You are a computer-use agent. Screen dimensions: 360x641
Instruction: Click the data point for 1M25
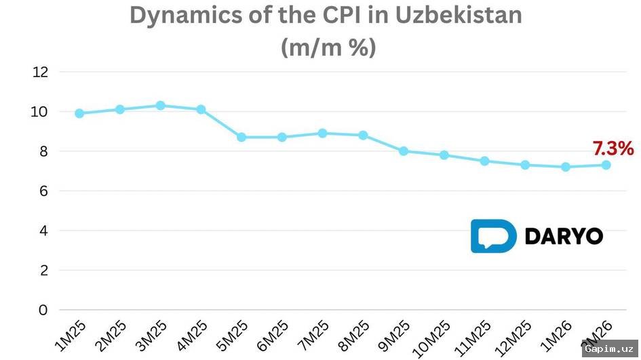tap(79, 113)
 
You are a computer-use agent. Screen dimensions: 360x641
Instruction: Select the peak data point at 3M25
tap(161, 106)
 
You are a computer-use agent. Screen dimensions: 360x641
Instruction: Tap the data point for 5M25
tap(241, 137)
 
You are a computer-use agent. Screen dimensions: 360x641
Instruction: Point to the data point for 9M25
tap(404, 151)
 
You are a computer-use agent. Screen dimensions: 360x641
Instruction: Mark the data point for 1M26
tap(566, 167)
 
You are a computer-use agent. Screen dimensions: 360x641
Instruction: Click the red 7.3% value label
tap(613, 148)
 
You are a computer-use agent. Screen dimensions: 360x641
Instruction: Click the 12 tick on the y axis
tap(41, 72)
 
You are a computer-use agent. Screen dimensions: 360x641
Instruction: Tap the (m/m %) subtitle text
tap(328, 47)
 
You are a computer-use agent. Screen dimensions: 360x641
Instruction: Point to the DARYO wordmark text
tap(564, 237)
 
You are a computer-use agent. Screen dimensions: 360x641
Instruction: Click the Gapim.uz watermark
tap(609, 348)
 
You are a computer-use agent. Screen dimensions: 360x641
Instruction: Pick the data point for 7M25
tap(323, 134)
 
